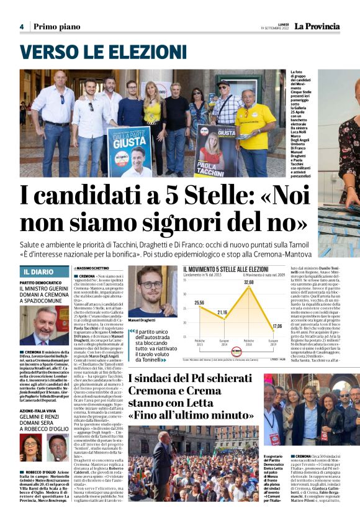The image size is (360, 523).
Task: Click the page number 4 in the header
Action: pyautogui.click(x=22, y=27)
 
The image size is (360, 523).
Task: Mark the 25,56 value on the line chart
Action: pyautogui.click(x=199, y=302)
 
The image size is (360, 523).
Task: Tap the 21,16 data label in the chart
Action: pyautogui.click(x=222, y=312)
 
